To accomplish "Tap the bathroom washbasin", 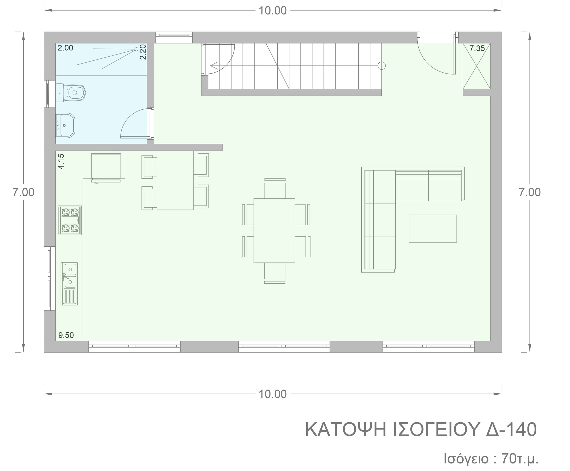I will (66, 125).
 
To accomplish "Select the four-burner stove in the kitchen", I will (70, 220).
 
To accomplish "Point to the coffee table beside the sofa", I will (432, 228).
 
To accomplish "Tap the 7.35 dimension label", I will (477, 49).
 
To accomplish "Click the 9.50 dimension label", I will (66, 335).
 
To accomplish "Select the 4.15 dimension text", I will (61, 161).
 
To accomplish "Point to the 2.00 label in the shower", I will (65, 48).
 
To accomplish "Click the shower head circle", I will (136, 49).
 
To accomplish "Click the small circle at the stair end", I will (381, 66).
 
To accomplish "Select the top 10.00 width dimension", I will (272, 11).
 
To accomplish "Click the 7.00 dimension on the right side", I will (529, 192).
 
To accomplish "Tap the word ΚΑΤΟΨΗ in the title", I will (345, 430).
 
